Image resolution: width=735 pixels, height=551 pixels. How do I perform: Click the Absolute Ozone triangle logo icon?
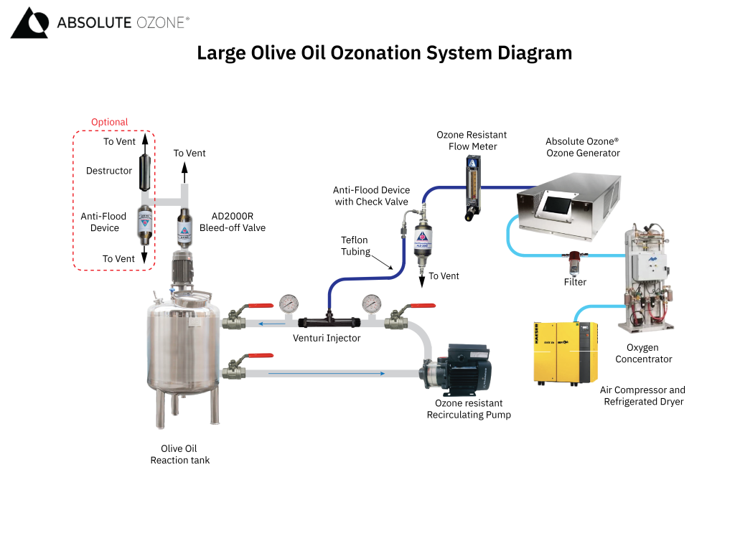pyautogui.click(x=29, y=23)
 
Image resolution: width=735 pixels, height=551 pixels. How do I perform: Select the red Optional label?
pyautogui.click(x=109, y=122)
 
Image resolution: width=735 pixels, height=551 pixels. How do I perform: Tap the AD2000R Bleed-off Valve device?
pyautogui.click(x=184, y=227)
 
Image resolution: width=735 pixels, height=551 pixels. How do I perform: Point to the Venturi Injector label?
pyautogui.click(x=327, y=338)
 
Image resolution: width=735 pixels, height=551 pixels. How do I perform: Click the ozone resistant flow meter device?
pyautogui.click(x=472, y=187)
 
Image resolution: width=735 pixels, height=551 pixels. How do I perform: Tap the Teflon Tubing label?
pyautogui.click(x=355, y=246)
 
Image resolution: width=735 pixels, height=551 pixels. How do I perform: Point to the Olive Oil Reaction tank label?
pyautogui.click(x=179, y=454)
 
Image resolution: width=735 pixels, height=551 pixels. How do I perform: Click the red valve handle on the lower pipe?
pyautogui.click(x=259, y=356)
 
